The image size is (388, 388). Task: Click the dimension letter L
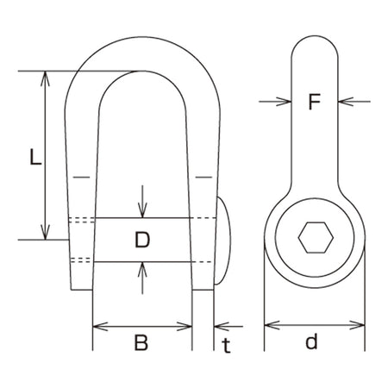pyautogui.click(x=35, y=156)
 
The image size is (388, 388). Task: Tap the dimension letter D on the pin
pyautogui.click(x=142, y=240)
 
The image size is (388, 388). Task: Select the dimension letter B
pyautogui.click(x=141, y=342)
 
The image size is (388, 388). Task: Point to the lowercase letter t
pyautogui.click(x=227, y=345)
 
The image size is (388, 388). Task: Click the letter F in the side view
pyautogui.click(x=314, y=102)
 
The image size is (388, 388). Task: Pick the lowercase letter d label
pyautogui.click(x=311, y=341)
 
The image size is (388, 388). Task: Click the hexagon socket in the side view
pyautogui.click(x=316, y=238)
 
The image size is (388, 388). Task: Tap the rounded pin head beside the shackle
pyautogui.click(x=223, y=241)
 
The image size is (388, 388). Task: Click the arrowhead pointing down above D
pyautogui.click(x=142, y=210)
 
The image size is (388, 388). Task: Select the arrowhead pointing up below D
pyautogui.click(x=142, y=270)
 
